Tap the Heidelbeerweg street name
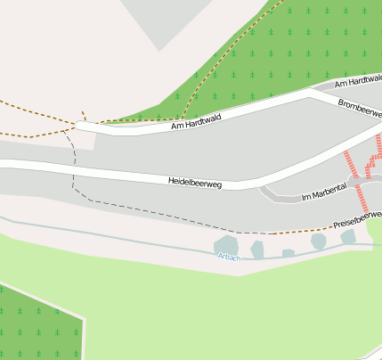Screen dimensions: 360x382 195,182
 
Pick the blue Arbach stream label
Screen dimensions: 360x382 229,257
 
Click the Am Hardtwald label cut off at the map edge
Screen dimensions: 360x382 358,81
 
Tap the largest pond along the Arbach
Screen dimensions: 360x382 226,245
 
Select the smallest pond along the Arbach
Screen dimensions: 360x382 288,253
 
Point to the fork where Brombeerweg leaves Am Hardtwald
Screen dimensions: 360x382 331,91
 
